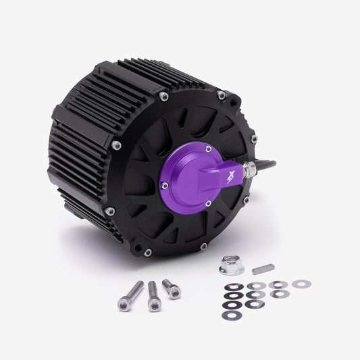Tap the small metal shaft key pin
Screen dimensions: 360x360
click(x=263, y=269)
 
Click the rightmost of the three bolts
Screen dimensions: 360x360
click(x=172, y=288)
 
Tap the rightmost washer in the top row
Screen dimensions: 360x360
click(x=299, y=283)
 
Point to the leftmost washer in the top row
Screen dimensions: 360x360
click(x=234, y=286)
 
